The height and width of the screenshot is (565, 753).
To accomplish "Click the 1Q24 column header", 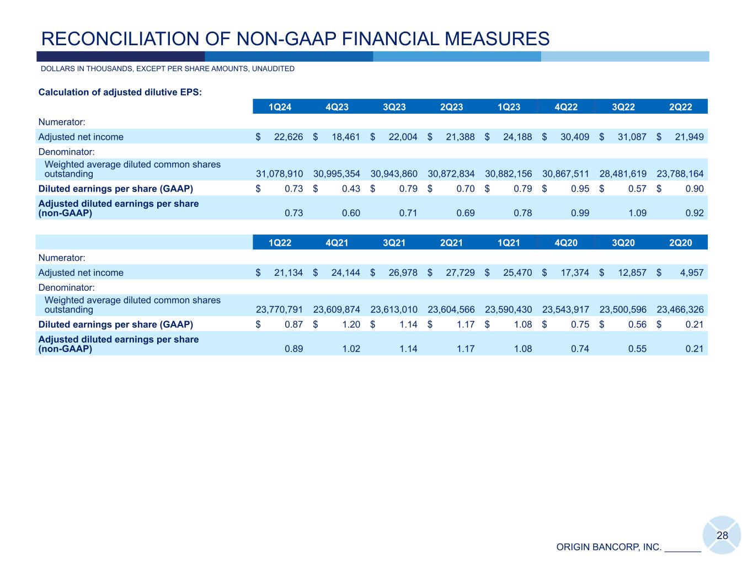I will [x=280, y=107].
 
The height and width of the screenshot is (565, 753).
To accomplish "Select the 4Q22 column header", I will [x=566, y=107].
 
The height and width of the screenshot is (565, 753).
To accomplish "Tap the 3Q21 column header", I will [x=394, y=243].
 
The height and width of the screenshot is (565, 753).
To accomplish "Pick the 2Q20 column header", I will [x=680, y=243].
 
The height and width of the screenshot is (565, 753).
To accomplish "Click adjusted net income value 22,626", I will [x=289, y=137].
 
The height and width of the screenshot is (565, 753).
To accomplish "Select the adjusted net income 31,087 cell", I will [x=632, y=137].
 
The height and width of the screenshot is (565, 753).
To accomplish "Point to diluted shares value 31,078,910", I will [x=280, y=174].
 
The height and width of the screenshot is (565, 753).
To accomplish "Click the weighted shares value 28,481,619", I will [x=623, y=174].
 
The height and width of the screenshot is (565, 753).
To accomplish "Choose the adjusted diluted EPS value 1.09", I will [x=638, y=213].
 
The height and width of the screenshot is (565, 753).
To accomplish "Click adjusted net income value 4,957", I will [x=692, y=273].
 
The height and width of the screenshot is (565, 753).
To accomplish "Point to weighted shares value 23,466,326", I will [x=680, y=310].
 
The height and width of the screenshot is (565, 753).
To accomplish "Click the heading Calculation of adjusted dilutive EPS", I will [x=120, y=92].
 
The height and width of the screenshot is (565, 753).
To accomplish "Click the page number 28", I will [x=722, y=535].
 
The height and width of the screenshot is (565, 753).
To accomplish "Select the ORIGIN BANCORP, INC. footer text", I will [x=608, y=547].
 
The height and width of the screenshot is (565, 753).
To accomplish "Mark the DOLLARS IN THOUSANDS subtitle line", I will [x=168, y=69].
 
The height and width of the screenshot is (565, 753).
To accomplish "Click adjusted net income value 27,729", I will [x=460, y=273].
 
